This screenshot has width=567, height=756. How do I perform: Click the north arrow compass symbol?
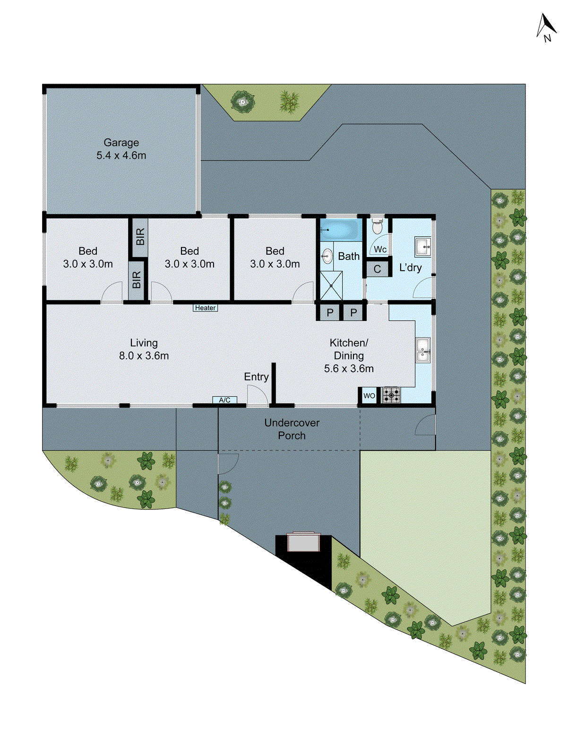pyautogui.click(x=546, y=27)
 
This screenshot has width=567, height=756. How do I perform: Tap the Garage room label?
pyautogui.click(x=121, y=143)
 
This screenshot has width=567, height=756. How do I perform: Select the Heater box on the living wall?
pyautogui.click(x=206, y=308)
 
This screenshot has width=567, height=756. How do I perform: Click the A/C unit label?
pyautogui.click(x=224, y=400)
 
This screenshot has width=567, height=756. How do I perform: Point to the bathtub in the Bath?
pyautogui.click(x=340, y=230)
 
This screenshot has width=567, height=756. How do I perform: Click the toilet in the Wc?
pyautogui.click(x=377, y=227)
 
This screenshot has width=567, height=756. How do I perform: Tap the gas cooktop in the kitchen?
pyautogui.click(x=391, y=395)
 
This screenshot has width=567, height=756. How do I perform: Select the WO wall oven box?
pyautogui.click(x=369, y=396)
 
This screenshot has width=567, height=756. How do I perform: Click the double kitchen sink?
pyautogui.click(x=423, y=350)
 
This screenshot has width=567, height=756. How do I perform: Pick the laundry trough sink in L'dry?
pyautogui.click(x=423, y=247)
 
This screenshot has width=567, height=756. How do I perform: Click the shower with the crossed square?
pyautogui.click(x=332, y=285)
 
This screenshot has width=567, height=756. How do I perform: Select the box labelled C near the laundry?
pyautogui.click(x=377, y=269)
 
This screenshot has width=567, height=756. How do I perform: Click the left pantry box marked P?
pyautogui.click(x=330, y=313)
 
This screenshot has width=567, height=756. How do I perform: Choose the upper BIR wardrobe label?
pyautogui.click(x=140, y=236)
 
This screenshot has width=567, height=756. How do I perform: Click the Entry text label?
pyautogui.click(x=256, y=377)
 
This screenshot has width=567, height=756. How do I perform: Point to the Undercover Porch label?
pyautogui.click(x=292, y=429)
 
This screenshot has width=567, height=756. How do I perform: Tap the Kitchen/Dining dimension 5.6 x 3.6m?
pyautogui.click(x=349, y=369)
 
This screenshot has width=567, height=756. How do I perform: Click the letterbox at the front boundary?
pyautogui.click(x=303, y=542)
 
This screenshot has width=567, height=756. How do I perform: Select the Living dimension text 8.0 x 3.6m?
pyautogui.click(x=144, y=356)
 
